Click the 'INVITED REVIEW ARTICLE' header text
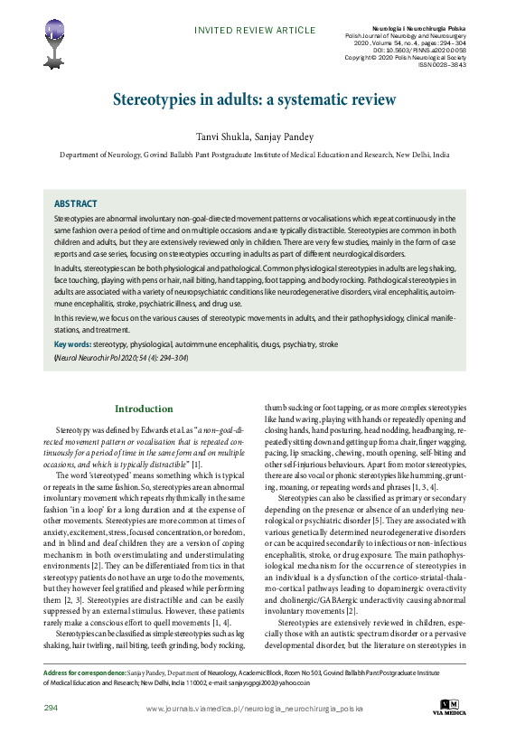pos(255,31)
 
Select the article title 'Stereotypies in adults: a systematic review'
pos(254,99)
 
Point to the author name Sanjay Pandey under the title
pos(286,136)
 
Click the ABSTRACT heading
pos(75,204)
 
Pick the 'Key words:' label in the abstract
pos(71,345)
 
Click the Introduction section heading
pos(144,409)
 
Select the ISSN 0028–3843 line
pos(443,64)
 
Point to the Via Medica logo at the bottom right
pos(450,707)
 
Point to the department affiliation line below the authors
pos(254,155)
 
